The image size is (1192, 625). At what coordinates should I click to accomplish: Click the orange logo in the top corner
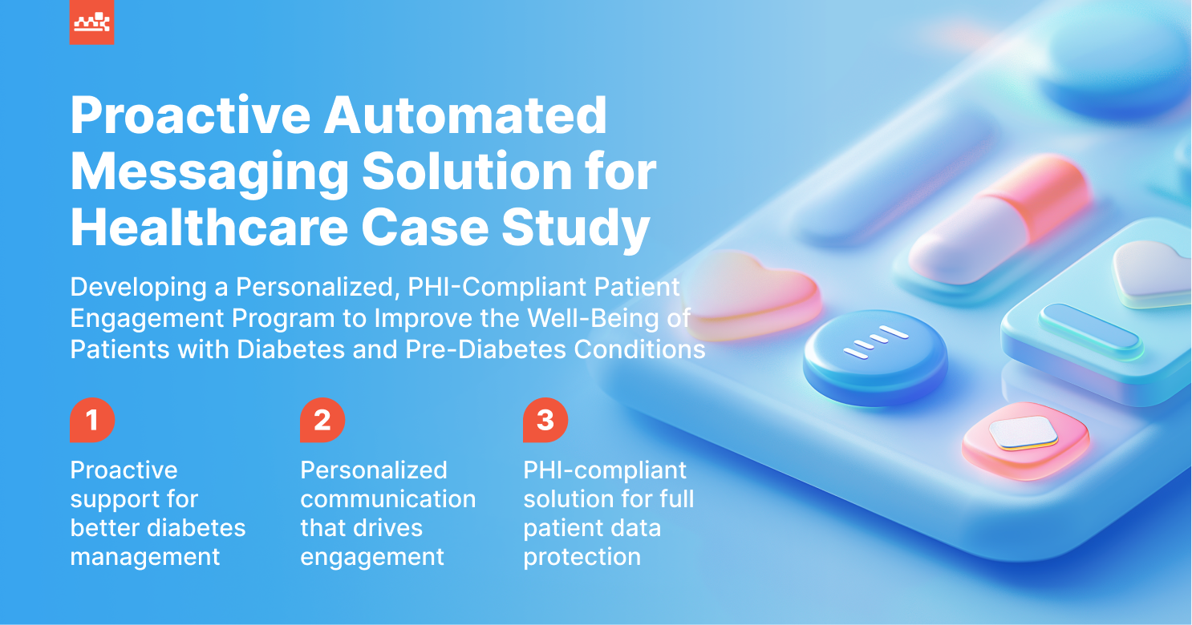(91, 22)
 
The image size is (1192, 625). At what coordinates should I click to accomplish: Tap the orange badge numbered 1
(92, 420)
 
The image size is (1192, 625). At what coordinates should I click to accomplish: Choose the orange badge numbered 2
(322, 420)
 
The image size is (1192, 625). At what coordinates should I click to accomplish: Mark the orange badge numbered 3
(545, 420)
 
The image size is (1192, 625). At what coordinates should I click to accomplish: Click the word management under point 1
(145, 557)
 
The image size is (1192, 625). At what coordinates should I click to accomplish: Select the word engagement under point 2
(372, 557)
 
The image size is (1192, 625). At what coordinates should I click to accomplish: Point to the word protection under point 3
(582, 557)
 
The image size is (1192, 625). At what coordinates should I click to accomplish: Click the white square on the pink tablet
(1023, 433)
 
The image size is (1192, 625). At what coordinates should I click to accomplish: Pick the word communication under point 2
(388, 499)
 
